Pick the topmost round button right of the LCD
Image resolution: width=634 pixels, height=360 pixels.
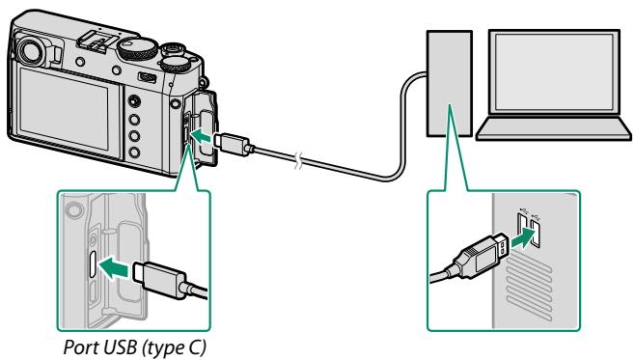tap(133, 100)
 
